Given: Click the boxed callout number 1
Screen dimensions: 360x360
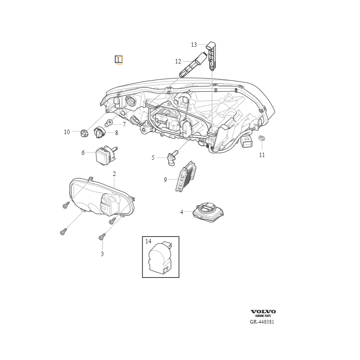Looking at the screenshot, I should [118, 59].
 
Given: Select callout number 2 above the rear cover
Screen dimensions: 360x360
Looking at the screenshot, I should [114, 174].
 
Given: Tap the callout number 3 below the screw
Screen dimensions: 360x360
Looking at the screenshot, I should [102, 254].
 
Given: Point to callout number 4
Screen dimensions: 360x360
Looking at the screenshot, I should [182, 211].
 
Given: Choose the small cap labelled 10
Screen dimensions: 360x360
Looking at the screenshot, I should [83, 133].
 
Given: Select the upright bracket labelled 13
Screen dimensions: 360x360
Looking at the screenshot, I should [212, 55].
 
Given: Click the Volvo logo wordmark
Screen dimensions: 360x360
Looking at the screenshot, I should [263, 311].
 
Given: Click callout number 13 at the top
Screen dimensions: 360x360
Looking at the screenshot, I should [194, 45].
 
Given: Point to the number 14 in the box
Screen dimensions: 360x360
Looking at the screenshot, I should [148, 242].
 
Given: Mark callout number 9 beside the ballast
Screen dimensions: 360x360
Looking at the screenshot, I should [166, 180].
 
